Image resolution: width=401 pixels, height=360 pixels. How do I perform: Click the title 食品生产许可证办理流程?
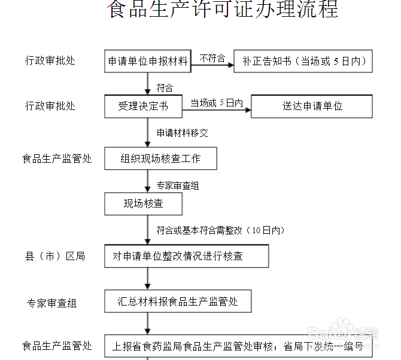tap(223, 10)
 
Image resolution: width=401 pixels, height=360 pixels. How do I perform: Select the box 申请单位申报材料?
tap(148, 61)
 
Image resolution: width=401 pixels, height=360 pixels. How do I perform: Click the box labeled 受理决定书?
tap(143, 106)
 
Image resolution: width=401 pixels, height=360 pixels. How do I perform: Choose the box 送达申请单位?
tap(312, 106)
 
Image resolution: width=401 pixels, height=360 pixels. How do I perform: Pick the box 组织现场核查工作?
tap(160, 158)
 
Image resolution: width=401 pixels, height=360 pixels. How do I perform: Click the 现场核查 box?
tap(143, 203)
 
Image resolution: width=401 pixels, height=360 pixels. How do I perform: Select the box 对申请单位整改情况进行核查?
tap(186, 256)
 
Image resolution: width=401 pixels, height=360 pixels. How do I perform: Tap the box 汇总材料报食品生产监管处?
tap(178, 301)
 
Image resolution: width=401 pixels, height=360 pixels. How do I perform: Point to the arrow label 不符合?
tap(212, 58)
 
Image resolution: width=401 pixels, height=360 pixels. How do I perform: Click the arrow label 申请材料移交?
tap(183, 133)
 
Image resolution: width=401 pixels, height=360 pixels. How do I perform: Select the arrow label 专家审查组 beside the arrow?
tap(178, 185)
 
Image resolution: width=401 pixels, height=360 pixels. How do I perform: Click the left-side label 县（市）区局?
tap(54, 257)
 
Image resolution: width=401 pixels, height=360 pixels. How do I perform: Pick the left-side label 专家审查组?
tap(51, 303)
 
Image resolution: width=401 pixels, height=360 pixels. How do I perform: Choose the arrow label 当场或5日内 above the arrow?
tap(216, 102)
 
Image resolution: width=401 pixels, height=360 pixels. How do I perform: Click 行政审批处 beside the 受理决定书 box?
tap(50, 106)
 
